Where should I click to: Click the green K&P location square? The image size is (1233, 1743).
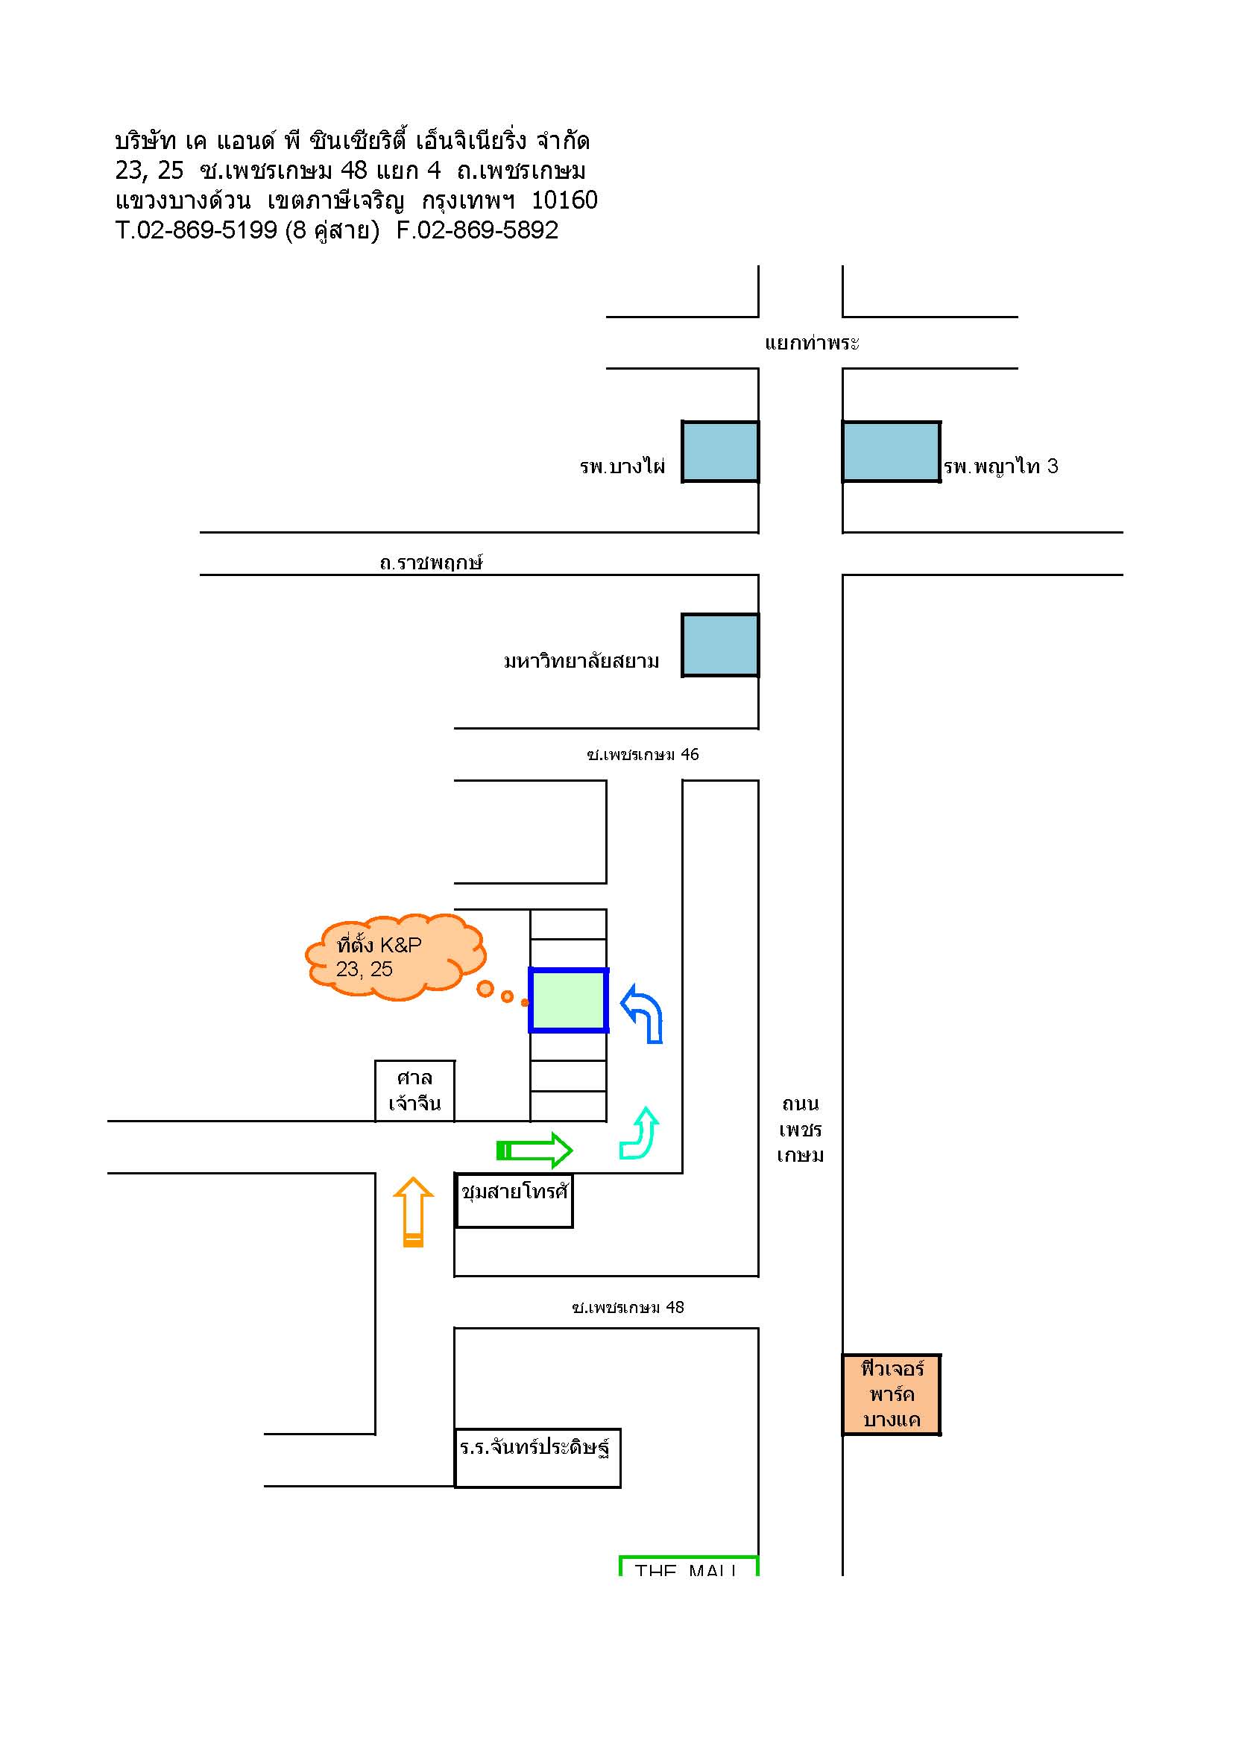569,1000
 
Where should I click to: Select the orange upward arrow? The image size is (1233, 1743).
413,1212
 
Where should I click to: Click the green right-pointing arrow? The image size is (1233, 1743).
534,1150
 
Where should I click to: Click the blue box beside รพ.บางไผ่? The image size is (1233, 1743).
720,452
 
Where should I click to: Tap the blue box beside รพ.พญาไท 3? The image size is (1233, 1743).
892,452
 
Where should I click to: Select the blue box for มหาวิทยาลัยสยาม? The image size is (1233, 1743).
720,645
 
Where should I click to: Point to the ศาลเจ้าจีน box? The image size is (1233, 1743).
414,1090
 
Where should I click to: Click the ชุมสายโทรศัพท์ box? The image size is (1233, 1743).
514,1201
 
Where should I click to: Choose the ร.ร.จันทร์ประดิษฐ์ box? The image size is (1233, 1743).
537,1458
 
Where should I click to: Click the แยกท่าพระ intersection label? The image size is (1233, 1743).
812,343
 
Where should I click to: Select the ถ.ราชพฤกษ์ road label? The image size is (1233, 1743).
431,563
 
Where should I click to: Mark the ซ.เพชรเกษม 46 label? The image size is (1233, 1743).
643,755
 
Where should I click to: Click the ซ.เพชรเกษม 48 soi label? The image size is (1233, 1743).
628,1307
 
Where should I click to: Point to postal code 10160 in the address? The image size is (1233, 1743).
564,200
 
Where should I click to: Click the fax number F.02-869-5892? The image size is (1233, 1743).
477,230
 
